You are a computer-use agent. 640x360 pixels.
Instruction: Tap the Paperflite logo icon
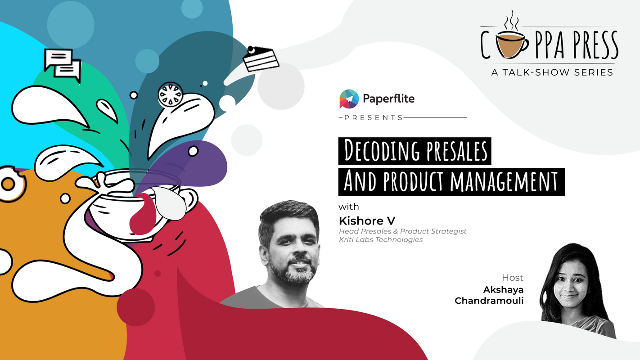(348, 99)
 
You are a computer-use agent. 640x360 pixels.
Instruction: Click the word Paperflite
(388, 99)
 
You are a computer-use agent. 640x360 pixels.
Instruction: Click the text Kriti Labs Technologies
(381, 239)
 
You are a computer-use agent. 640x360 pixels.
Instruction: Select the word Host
(513, 278)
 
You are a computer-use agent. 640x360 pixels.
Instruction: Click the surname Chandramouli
(489, 300)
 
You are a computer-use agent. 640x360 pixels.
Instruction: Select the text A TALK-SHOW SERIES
(552, 72)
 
